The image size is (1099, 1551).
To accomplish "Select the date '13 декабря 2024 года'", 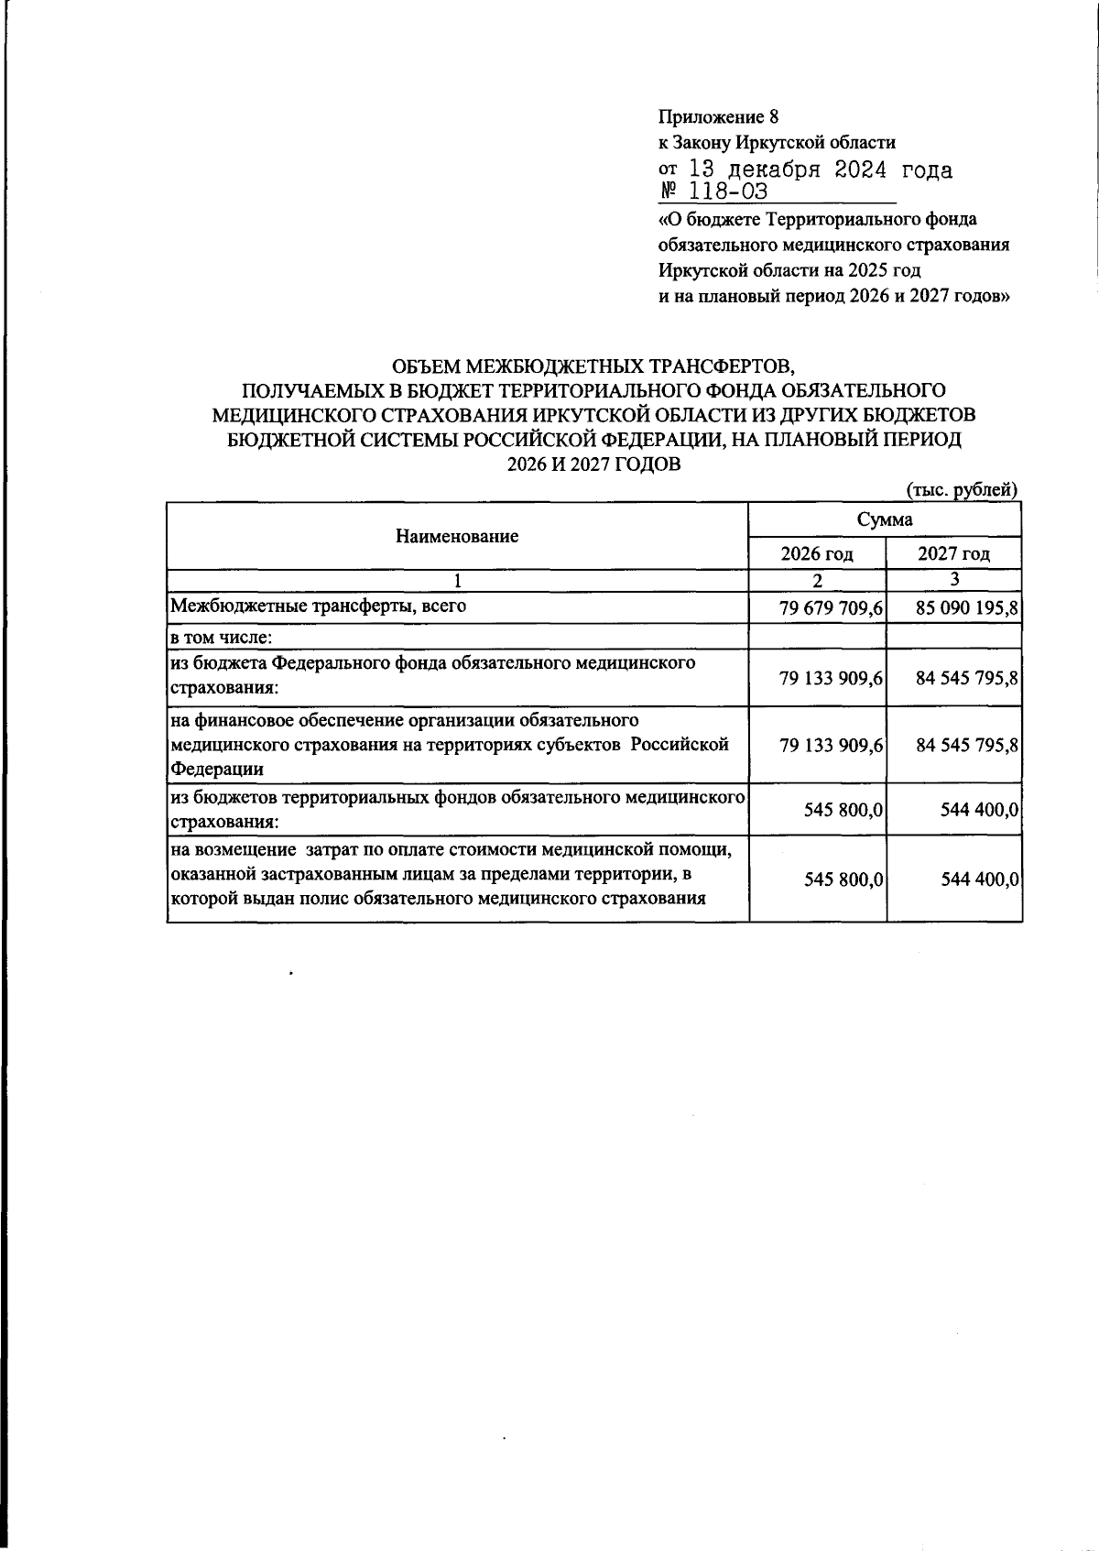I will coord(820,170).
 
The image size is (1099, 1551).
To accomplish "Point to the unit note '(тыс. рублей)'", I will coord(962,490).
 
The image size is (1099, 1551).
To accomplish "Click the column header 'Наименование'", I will coord(457,536).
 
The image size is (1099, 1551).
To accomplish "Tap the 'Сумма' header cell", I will coord(885,519).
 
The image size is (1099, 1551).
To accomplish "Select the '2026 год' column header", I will coord(817,553).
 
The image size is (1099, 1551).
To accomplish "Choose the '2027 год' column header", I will coord(953,553).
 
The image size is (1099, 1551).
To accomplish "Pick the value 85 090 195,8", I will coord(967,607).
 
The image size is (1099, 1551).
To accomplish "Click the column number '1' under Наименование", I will coord(457,580).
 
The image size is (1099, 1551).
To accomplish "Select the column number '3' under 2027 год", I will coord(954,579).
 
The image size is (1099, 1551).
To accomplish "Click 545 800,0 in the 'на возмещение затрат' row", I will coord(843,879).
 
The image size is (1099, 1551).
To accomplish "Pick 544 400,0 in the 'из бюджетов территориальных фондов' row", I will coord(980,810).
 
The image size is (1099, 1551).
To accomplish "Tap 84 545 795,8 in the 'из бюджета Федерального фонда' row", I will coord(967,678).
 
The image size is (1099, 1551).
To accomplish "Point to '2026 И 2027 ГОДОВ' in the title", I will coord(594,464).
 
